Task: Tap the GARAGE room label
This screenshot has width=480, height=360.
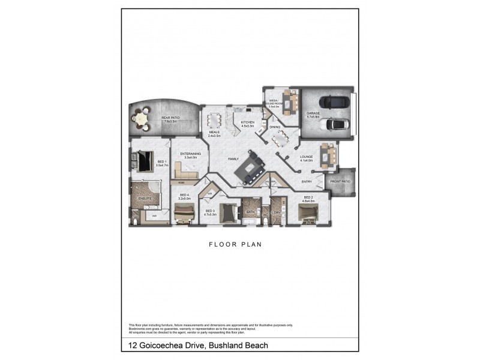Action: point(313,113)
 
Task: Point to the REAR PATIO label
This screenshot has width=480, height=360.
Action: point(171,118)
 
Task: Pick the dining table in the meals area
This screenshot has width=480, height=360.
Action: point(215,120)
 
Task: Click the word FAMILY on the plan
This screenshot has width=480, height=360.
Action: point(233,159)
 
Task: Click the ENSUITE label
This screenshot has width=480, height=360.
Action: point(144,197)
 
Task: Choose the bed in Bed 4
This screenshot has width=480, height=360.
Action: point(183,211)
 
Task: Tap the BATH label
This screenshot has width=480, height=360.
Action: point(251,212)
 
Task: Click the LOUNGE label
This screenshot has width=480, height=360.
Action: point(307,157)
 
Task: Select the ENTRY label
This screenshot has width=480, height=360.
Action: point(306,181)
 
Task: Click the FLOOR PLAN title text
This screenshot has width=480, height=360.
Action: point(235,244)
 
